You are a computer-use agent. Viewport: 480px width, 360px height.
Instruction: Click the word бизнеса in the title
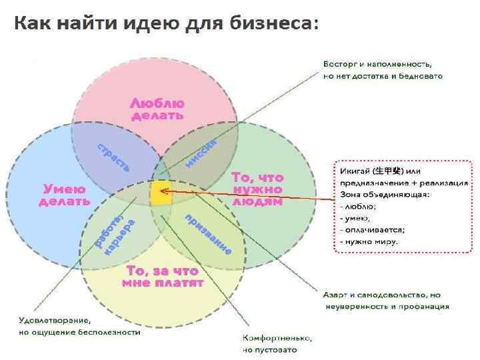[273, 24]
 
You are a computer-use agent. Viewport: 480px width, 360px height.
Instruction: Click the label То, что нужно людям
[257, 189]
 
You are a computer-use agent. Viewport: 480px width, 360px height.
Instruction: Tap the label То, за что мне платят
[163, 277]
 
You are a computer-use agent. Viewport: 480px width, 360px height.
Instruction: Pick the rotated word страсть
[114, 157]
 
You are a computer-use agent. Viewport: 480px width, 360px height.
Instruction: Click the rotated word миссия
[201, 154]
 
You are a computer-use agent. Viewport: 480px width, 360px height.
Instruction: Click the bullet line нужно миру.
[369, 241]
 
